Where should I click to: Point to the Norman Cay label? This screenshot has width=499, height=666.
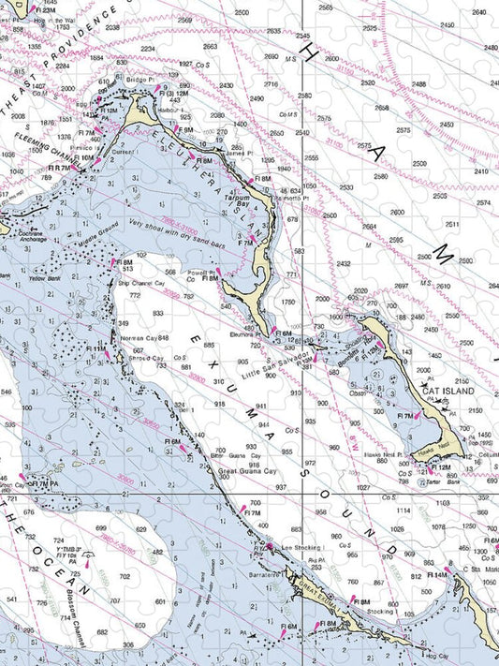coord(138,337)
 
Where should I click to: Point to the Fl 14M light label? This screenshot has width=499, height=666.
coord(437,575)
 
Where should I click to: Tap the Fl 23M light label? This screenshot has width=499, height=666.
coord(40,10)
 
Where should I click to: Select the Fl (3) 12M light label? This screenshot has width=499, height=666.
coord(174,94)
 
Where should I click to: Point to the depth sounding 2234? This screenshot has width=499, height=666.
coord(148,49)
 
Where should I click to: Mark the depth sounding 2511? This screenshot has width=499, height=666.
coord(451,225)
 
